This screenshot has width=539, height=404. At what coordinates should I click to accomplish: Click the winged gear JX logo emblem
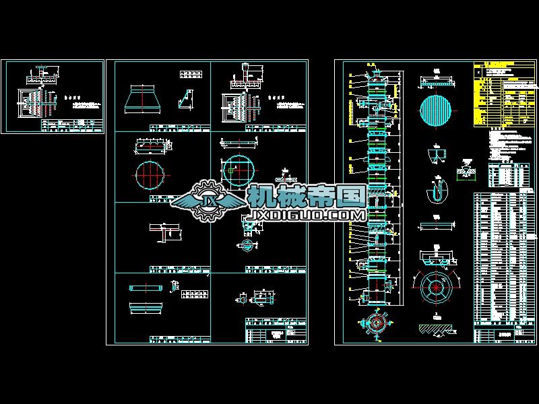tap(203, 200)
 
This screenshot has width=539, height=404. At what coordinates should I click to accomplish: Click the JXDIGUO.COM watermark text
tap(307, 215)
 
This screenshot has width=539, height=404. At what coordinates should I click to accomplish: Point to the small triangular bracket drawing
tap(185, 100)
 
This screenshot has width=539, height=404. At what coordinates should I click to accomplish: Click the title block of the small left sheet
tap(73, 126)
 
